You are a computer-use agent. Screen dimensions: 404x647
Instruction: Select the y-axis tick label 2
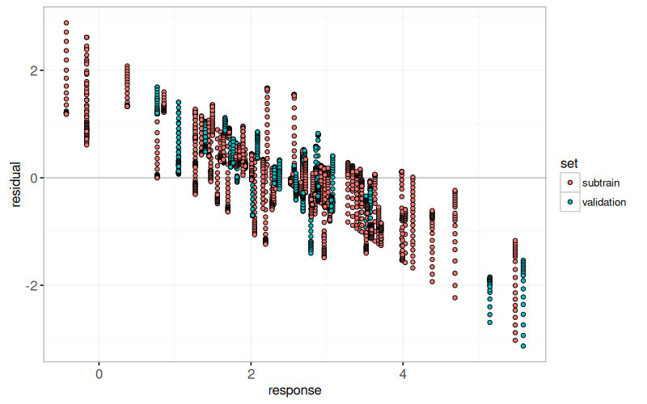coord(33,70)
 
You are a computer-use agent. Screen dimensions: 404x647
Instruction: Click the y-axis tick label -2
coord(31,286)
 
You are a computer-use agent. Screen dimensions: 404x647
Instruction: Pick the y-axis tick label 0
coord(33,178)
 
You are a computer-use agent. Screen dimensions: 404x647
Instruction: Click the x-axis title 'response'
coord(295,391)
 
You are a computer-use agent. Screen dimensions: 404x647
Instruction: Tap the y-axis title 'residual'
coord(14,184)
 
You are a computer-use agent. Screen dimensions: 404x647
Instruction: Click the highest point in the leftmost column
coord(66,23)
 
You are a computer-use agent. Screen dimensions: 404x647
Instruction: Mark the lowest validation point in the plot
coord(523,346)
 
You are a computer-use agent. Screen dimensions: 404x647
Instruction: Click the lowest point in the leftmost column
coord(66,114)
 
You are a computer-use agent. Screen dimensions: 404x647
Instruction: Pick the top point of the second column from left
coord(87,37)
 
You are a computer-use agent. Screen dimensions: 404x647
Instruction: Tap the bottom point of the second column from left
coord(87,145)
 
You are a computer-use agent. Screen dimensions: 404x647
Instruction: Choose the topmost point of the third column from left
coord(127,66)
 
